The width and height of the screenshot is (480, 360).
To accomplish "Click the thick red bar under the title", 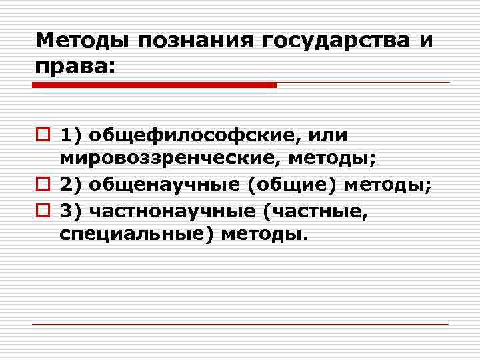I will click(154, 85).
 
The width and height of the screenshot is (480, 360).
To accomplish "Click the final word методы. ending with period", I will click(265, 235).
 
